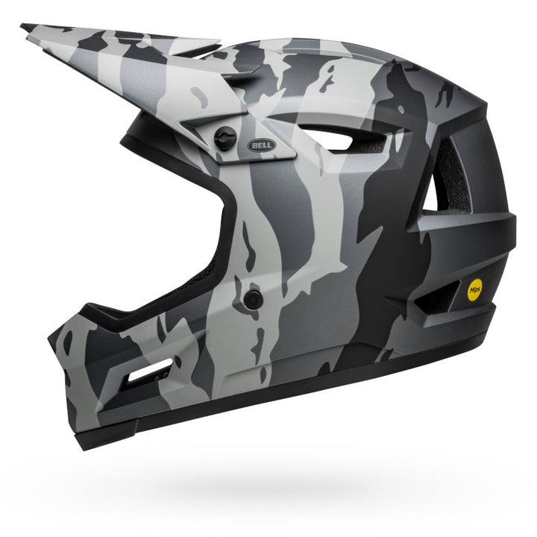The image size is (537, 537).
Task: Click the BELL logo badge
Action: pyautogui.click(x=262, y=145)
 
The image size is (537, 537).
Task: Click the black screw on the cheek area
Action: pyautogui.click(x=254, y=299)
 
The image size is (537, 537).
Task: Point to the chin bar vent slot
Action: pyautogui.click(x=151, y=369)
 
